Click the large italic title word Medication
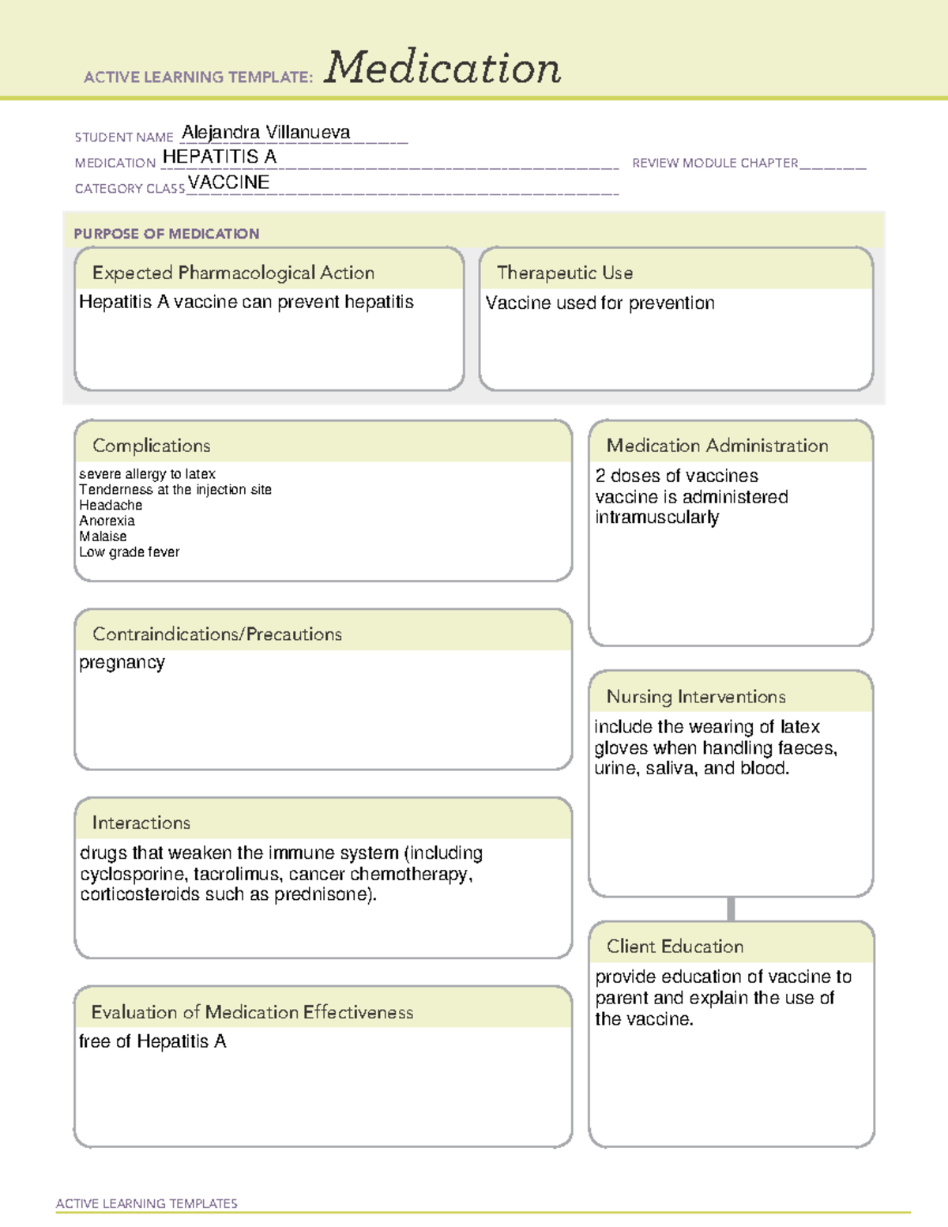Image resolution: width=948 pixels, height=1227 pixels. coord(442,67)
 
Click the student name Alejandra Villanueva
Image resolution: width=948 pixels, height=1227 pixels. coord(266,133)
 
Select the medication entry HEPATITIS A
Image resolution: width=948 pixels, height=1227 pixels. coord(219,157)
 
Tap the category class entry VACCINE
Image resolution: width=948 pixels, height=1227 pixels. coord(228,183)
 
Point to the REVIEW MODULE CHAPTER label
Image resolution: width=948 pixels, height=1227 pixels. coord(715,163)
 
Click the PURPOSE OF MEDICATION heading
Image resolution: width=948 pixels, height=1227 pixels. coord(166,234)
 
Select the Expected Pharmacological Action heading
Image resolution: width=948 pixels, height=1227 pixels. coord(233,273)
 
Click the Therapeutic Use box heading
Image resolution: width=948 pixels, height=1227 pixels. coord(564,273)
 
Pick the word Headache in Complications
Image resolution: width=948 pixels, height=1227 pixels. coord(111,505)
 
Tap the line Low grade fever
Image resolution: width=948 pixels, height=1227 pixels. coord(129,552)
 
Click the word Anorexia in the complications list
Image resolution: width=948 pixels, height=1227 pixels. coord(107,521)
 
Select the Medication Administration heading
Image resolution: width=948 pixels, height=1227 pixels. coord(717,446)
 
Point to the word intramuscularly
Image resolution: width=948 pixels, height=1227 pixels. coord(656,518)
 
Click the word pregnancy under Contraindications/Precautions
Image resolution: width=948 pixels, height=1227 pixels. coord(122,663)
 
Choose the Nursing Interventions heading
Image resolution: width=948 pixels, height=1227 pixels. coord(695,697)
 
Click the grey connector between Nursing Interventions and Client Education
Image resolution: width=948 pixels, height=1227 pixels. coord(731,909)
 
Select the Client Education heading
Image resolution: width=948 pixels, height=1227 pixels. coord(675,947)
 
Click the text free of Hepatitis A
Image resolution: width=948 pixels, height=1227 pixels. coord(152,1041)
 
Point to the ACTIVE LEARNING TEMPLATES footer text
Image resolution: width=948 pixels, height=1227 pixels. coord(146,1203)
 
